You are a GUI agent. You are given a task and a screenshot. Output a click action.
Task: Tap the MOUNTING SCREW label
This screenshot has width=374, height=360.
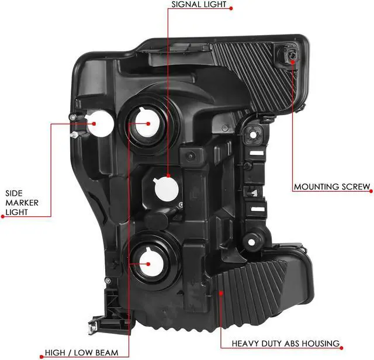pos(331,187)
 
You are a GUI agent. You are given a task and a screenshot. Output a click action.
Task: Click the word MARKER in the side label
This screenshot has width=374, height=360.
pos(22,202)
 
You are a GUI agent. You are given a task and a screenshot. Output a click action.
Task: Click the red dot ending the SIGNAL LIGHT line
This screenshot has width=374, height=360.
pos(231,8)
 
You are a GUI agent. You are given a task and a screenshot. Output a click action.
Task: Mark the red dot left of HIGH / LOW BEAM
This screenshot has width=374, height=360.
pos(40,354)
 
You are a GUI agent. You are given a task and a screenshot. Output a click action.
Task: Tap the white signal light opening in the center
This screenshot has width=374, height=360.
pos(165,188)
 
